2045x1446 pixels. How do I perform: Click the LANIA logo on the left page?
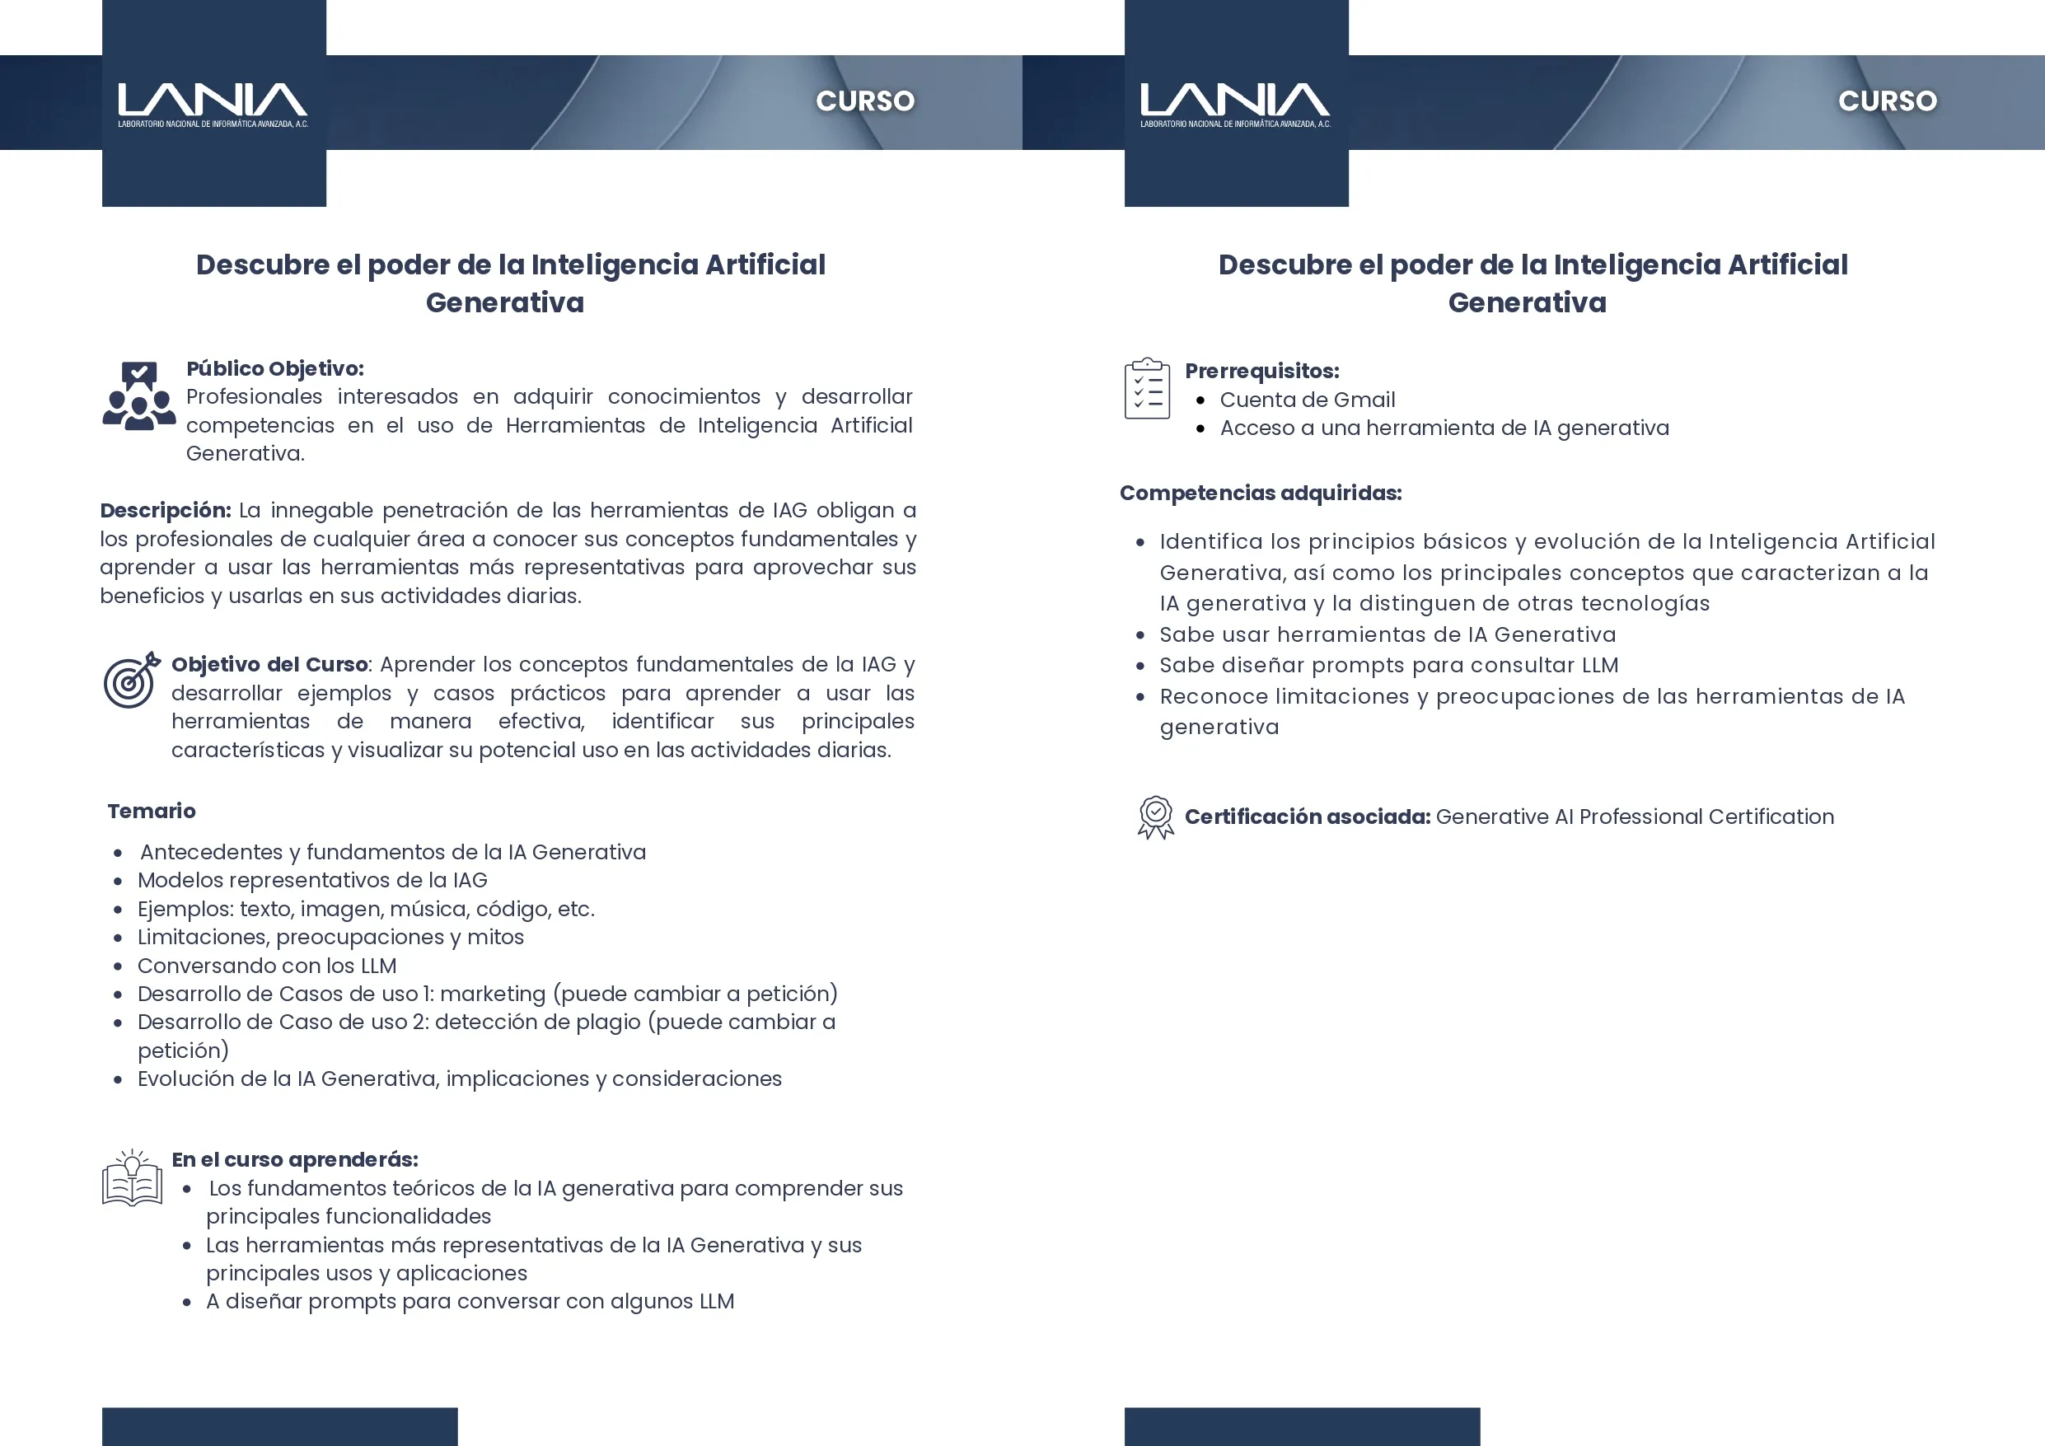(x=213, y=103)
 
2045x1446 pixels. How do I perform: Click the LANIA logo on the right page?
(x=1235, y=103)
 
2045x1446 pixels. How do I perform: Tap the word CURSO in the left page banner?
(x=865, y=101)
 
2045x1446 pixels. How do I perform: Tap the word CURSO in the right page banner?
(x=1888, y=101)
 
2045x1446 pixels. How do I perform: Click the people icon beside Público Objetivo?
(x=138, y=396)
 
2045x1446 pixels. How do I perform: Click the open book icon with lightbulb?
(x=132, y=1178)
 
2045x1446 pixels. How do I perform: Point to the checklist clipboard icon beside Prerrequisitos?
(x=1147, y=388)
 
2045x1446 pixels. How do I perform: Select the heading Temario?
(x=152, y=811)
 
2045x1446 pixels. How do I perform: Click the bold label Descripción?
(x=166, y=511)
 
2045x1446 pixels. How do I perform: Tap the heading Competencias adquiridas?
(x=1261, y=493)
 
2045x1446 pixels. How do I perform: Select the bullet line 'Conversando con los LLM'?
(x=266, y=966)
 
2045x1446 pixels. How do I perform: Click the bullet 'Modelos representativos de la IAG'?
(x=311, y=880)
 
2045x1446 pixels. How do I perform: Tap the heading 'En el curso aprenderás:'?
(x=295, y=1159)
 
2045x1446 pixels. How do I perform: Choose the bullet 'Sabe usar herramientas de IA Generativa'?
(x=1387, y=634)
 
